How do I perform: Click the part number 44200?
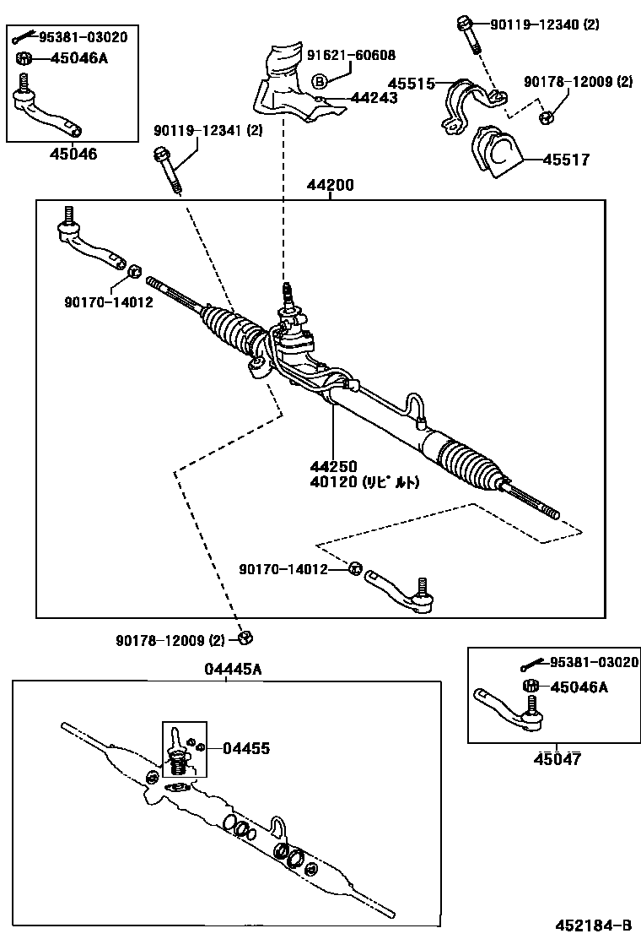click(330, 185)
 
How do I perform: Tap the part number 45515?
click(411, 84)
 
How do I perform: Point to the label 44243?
click(374, 98)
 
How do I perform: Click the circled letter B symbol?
click(320, 81)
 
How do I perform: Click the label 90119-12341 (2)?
click(207, 130)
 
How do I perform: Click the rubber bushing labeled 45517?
click(496, 154)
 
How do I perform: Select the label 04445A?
click(233, 669)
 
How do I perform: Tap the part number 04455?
click(246, 748)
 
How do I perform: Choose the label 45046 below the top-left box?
click(73, 154)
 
